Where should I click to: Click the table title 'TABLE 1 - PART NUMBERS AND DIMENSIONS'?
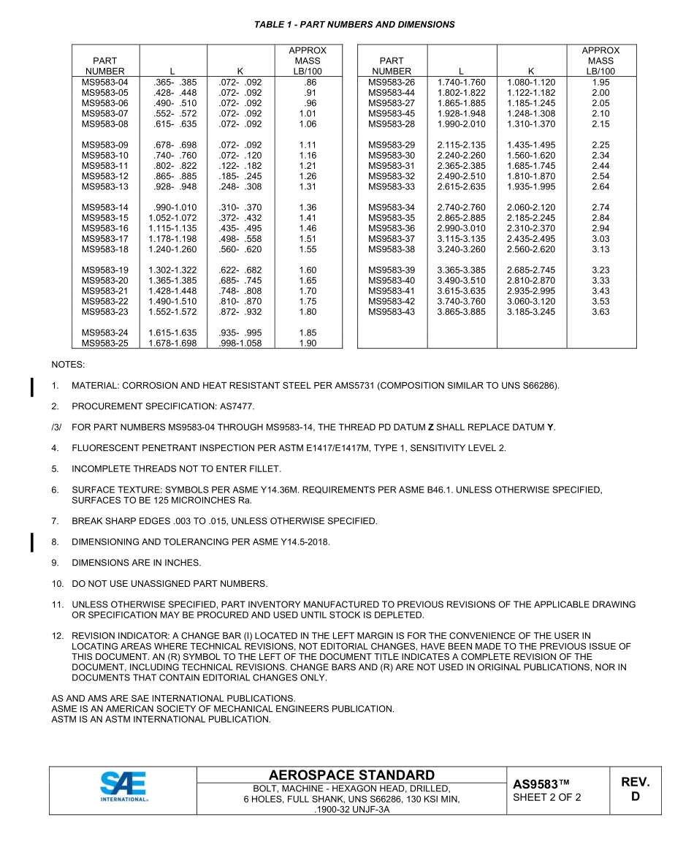click(354, 25)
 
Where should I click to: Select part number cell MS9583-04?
click(104, 83)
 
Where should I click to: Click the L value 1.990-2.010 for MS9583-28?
click(461, 124)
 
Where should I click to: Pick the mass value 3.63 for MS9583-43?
click(600, 312)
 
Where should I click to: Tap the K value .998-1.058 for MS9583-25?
click(240, 343)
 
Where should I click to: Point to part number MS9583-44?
click(392, 93)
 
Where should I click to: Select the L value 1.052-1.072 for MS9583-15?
click(172, 218)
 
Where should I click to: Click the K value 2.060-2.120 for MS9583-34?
click(531, 208)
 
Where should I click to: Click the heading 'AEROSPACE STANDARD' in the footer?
click(351, 775)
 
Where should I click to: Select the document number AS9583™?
click(541, 784)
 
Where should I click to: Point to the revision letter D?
click(635, 797)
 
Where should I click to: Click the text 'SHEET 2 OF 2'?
click(547, 797)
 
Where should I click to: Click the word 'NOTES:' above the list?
click(68, 364)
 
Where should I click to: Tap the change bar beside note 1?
click(32, 386)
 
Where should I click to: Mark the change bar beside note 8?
click(32, 542)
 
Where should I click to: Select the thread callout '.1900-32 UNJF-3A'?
click(351, 809)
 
